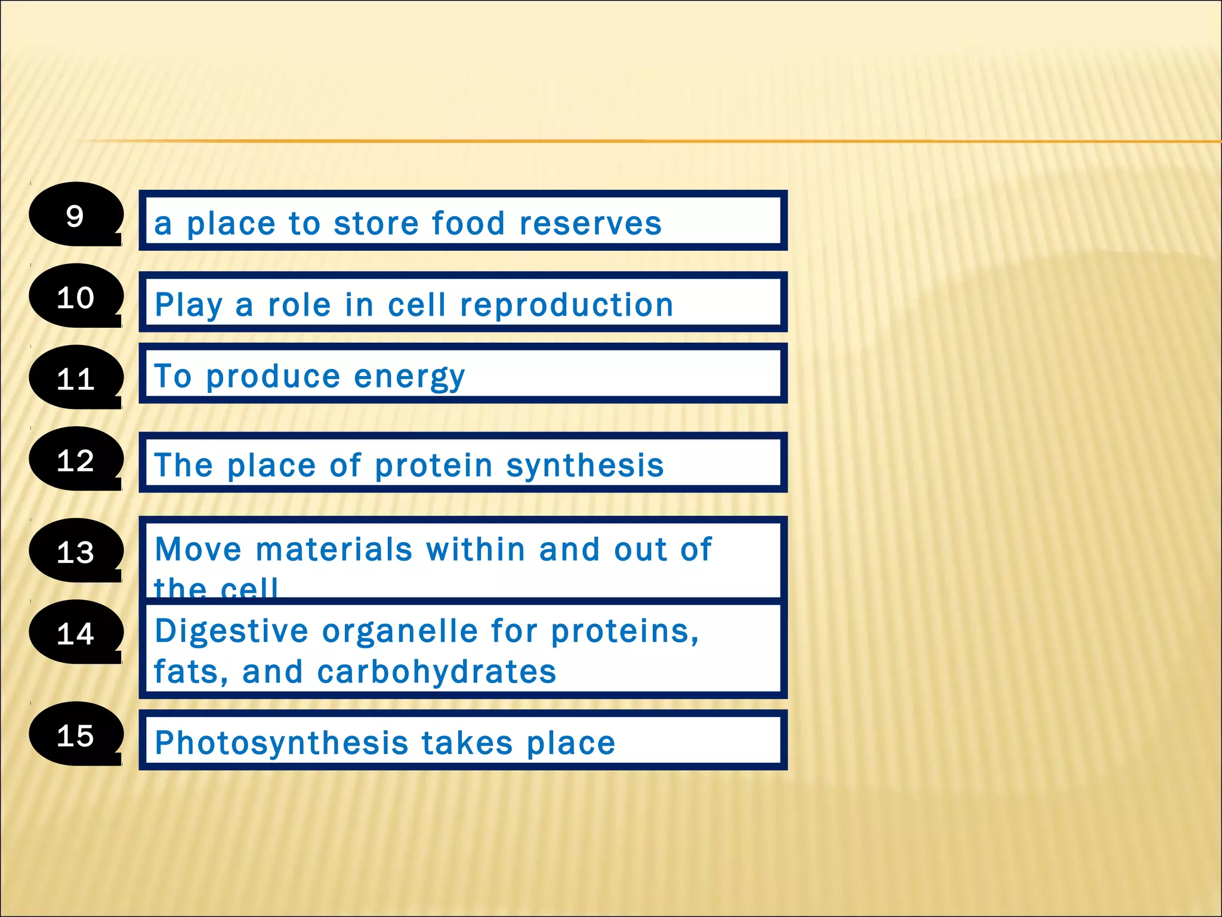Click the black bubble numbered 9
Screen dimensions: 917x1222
click(x=75, y=215)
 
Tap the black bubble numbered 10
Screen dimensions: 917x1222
click(x=75, y=297)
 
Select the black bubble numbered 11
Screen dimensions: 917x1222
click(x=75, y=378)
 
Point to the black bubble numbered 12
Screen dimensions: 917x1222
click(x=75, y=460)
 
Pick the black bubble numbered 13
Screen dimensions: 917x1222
click(x=75, y=551)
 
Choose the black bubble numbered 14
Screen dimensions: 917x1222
click(x=75, y=633)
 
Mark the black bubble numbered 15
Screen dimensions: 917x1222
click(x=75, y=734)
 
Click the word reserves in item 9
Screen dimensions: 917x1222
click(x=590, y=224)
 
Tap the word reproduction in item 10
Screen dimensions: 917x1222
click(x=566, y=306)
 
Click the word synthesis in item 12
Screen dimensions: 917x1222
click(x=585, y=466)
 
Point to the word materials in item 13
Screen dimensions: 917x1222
click(x=334, y=549)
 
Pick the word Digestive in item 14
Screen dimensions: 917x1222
click(x=232, y=632)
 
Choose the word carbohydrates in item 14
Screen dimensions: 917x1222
click(x=436, y=672)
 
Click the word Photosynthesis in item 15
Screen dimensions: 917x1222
click(x=281, y=743)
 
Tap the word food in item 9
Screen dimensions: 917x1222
click(x=468, y=224)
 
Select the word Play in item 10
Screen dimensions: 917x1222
click(x=188, y=306)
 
